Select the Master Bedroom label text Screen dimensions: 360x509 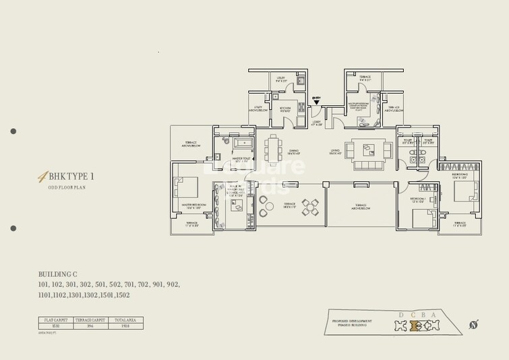(193, 206)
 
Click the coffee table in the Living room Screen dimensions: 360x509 (368, 148)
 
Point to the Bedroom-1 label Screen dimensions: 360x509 (419, 200)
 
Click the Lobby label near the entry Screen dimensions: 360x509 (316, 123)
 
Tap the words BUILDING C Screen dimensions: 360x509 (58, 274)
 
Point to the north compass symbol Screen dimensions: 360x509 (474, 326)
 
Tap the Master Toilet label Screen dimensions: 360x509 (241, 160)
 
